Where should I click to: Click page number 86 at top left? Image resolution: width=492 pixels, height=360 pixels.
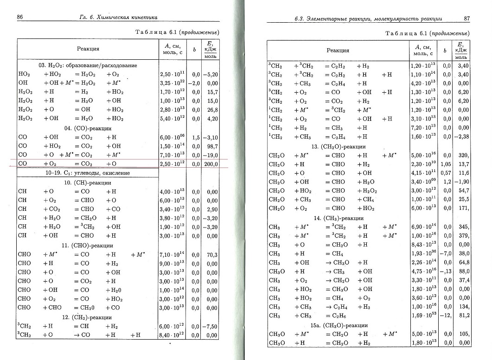pyautogui.click(x=20, y=18)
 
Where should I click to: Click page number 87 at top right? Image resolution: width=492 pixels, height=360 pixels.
pyautogui.click(x=467, y=19)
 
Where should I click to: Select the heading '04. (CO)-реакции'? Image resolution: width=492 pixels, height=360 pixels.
pyautogui.click(x=88, y=128)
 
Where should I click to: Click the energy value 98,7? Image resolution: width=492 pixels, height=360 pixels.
pyautogui.click(x=211, y=146)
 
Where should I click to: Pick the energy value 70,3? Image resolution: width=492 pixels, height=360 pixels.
pyautogui.click(x=211, y=254)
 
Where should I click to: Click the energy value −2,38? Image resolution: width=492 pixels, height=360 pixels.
pyautogui.click(x=464, y=137)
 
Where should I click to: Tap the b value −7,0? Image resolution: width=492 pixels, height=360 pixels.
pyautogui.click(x=446, y=253)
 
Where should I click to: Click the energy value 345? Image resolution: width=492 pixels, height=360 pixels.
pyautogui.click(x=464, y=227)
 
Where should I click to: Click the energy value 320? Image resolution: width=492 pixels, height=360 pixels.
pyautogui.click(x=464, y=155)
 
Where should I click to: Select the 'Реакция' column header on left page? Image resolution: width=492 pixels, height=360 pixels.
pyautogui.click(x=88, y=48)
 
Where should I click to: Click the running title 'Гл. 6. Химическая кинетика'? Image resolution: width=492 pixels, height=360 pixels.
pyautogui.click(x=118, y=18)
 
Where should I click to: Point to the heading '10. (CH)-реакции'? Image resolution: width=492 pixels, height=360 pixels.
pyautogui.click(x=88, y=182)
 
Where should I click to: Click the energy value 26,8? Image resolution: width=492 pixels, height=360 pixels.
pyautogui.click(x=211, y=109)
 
